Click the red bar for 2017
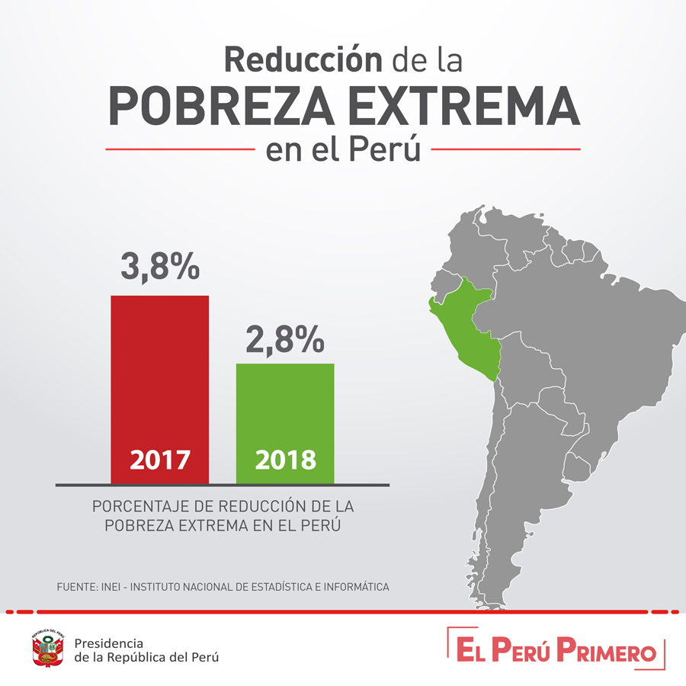[160, 389]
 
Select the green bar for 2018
[285, 424]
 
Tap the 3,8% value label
[160, 267]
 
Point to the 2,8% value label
[285, 339]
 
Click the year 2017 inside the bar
[160, 460]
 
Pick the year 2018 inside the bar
[286, 460]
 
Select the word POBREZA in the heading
[221, 106]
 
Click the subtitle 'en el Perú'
[343, 149]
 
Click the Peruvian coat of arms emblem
[48, 648]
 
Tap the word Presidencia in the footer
[108, 643]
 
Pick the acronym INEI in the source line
[111, 587]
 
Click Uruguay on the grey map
[577, 466]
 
